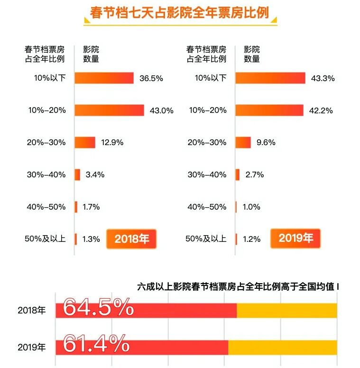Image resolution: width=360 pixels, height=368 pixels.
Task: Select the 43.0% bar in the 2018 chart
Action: pos(109,110)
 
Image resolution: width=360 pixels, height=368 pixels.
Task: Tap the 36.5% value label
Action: pos(151,78)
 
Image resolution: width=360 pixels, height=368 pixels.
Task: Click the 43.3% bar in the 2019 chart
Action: pos(270,78)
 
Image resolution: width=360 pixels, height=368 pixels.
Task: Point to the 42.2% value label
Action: pos(321,110)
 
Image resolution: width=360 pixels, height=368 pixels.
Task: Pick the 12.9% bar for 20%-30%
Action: pos(85,142)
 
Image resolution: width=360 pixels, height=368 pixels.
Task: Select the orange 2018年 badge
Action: pos(131,239)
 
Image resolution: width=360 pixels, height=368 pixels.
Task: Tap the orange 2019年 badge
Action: pos(295,238)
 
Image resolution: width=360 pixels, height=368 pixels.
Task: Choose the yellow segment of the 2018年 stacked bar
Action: pos(286,311)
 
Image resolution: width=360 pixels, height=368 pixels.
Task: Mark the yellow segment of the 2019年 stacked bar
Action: pos(282,347)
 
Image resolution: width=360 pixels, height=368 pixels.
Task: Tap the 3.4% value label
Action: pos(95,175)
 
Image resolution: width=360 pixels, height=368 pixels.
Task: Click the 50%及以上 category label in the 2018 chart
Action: pos(45,239)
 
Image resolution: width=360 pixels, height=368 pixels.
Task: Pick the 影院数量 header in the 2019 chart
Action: pos(252,54)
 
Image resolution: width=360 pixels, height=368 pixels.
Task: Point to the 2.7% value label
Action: pos(254,175)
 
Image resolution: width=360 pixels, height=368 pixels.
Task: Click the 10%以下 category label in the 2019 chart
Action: pos(210,78)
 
